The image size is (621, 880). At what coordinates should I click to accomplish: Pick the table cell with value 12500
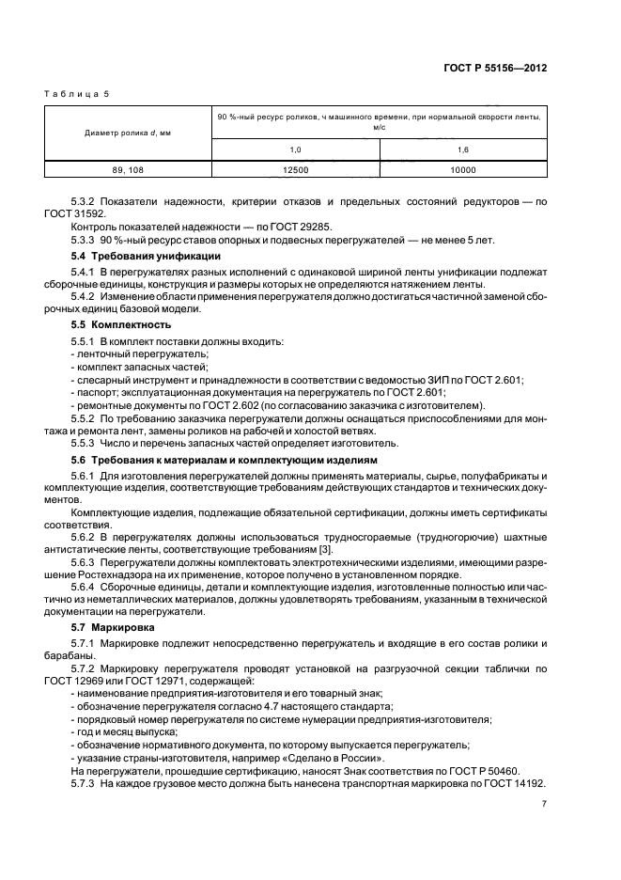coord(295,170)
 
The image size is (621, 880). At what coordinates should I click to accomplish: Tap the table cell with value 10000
coord(463,170)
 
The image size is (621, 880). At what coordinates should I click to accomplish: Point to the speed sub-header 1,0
coord(295,149)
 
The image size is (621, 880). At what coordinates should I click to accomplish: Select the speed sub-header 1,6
coord(463,149)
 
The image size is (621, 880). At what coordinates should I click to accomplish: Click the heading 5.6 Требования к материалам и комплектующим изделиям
coord(224,461)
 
